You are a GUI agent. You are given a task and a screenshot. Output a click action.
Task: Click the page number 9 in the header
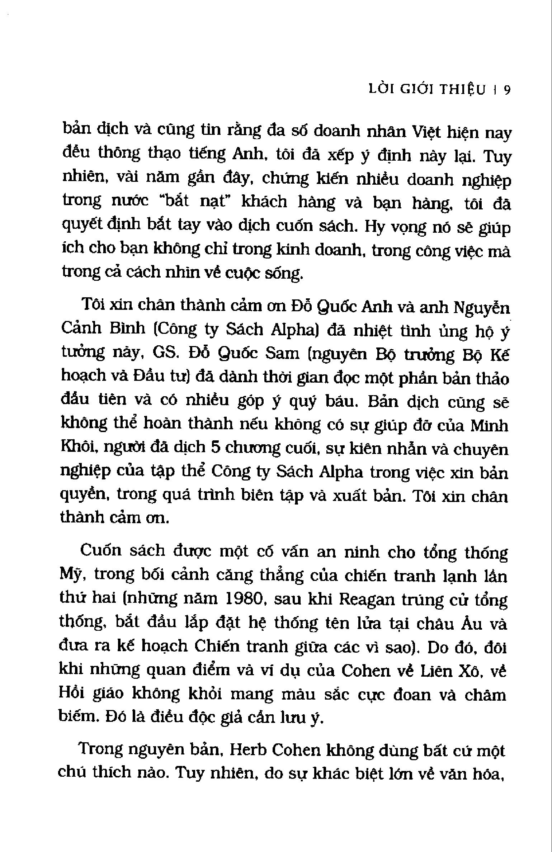click(506, 90)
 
